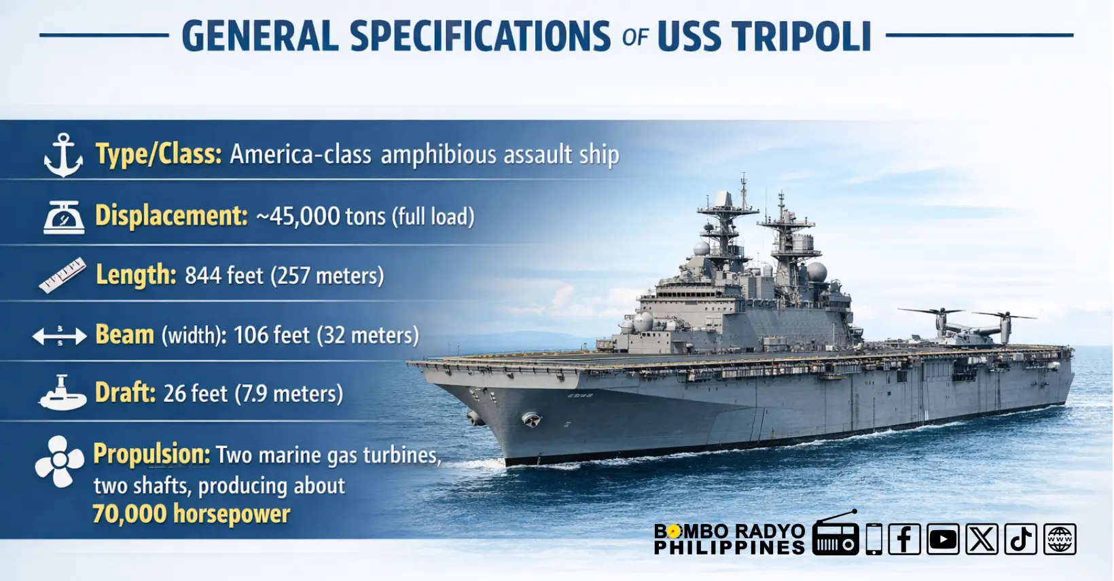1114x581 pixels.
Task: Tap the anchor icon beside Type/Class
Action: click(63, 155)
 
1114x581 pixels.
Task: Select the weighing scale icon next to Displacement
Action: click(64, 217)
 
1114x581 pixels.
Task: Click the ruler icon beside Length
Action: click(62, 275)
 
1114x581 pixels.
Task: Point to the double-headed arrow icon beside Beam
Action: click(59, 337)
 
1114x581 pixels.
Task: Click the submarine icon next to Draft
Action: click(62, 392)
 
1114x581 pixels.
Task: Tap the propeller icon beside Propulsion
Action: click(59, 462)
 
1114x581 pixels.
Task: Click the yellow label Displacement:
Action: click(171, 216)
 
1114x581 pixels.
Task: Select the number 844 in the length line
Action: click(203, 276)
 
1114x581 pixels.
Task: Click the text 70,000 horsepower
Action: click(191, 513)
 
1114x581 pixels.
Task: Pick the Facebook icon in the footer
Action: click(904, 539)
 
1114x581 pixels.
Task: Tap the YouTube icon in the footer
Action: click(943, 539)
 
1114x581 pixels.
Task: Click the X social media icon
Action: click(982, 539)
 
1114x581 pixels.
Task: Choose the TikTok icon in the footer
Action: click(1020, 539)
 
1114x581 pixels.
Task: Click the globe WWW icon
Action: click(1060, 539)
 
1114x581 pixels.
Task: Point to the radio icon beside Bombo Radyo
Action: click(836, 533)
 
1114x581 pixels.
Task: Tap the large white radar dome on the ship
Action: click(816, 272)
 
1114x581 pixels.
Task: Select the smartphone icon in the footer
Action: click(874, 539)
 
